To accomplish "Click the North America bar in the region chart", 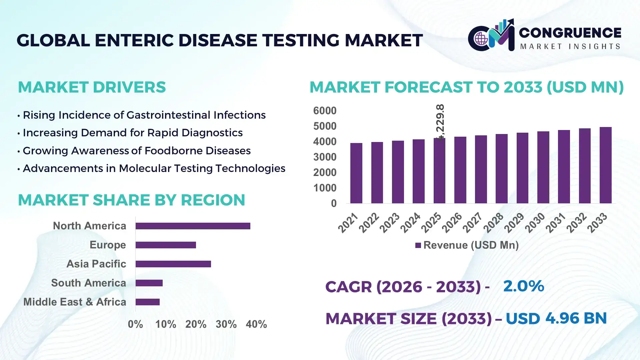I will pyautogui.click(x=193, y=226).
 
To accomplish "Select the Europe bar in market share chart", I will pyautogui.click(x=166, y=245).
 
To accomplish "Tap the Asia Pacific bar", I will pyautogui.click(x=173, y=264).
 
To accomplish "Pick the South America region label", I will pyautogui.click(x=88, y=283).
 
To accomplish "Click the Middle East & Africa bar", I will pyautogui.click(x=148, y=302).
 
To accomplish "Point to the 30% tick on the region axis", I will pyautogui.click(x=226, y=324).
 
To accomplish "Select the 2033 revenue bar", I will pyautogui.click(x=605, y=165).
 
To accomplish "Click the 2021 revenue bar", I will pyautogui.click(x=356, y=173).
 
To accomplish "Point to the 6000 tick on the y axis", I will pyautogui.click(x=325, y=111).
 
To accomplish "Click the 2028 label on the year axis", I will pyautogui.click(x=494, y=223).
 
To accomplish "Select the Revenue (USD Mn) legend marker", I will pyautogui.click(x=418, y=245).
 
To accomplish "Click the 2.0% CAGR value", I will pyautogui.click(x=523, y=286).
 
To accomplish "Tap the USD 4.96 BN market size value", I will pyautogui.click(x=556, y=318).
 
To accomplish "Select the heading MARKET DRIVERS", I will pyautogui.click(x=92, y=87).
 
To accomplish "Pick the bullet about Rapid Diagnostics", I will pyautogui.click(x=133, y=133).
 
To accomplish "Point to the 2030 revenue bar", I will pyautogui.click(x=543, y=167).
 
